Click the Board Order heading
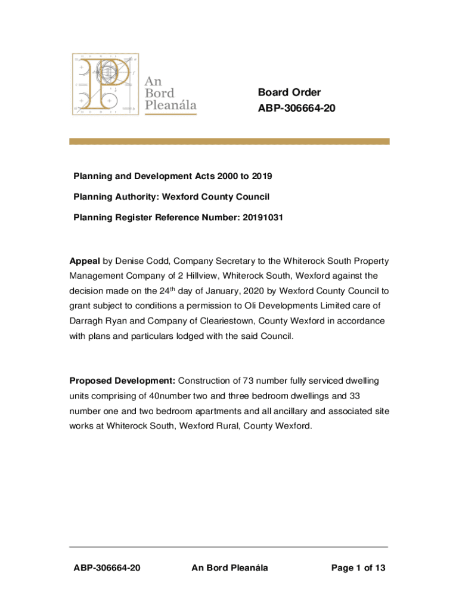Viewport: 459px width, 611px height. click(289, 92)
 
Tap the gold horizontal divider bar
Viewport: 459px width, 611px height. click(229, 141)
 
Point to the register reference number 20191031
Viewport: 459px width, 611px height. click(262, 217)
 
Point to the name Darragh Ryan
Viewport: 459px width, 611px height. click(97, 321)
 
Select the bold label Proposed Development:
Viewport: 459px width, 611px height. click(122, 381)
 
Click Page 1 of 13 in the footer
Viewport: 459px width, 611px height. click(358, 568)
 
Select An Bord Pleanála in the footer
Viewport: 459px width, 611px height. click(229, 568)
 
